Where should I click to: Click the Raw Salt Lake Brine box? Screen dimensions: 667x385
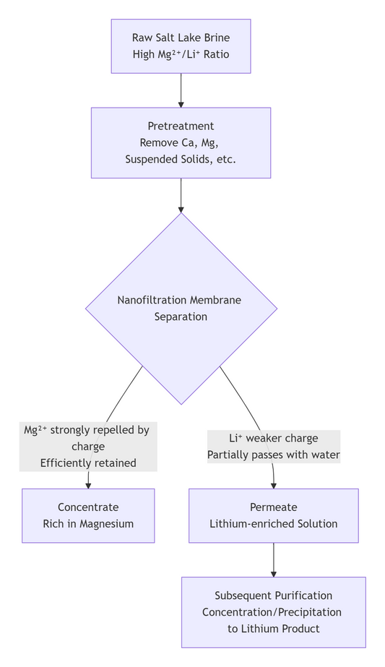pos(181,46)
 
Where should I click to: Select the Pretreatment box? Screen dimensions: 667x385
pos(181,142)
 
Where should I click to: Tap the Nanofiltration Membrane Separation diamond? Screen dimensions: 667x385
pos(181,308)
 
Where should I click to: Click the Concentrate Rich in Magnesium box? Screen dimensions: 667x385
pos(88,515)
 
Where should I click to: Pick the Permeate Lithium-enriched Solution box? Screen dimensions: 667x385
pos(273,515)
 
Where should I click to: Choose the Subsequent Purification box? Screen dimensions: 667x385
pos(273,611)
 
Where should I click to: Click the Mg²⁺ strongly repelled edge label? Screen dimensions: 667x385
pos(88,447)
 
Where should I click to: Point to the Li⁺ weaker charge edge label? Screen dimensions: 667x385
pos(273,447)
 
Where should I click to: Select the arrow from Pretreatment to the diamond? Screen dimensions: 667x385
pos(181,194)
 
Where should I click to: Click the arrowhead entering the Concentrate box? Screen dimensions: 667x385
pos(88,484)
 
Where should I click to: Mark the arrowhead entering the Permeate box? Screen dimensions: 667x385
pos(274,484)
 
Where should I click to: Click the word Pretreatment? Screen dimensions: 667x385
pos(181,126)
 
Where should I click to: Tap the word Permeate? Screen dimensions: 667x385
pos(273,507)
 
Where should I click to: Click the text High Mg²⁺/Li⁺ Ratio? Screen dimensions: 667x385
pos(181,54)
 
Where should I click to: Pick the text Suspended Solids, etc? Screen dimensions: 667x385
pos(181,159)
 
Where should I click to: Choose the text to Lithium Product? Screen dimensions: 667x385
pos(273,629)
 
